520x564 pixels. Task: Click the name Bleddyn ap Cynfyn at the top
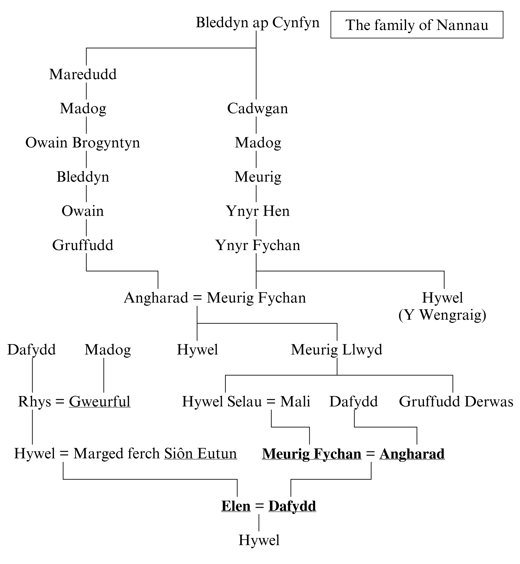(x=257, y=23)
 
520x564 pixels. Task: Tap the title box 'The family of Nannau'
(x=417, y=25)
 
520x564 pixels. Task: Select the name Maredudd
(x=83, y=74)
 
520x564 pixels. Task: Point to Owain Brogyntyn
(x=83, y=143)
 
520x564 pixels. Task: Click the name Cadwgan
(x=257, y=109)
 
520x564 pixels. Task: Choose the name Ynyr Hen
(x=258, y=211)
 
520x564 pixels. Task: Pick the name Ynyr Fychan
(x=258, y=246)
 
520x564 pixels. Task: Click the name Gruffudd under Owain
(x=83, y=246)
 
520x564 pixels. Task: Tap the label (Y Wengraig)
(x=442, y=315)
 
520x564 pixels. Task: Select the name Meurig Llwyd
(x=336, y=350)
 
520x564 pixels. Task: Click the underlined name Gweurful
(x=99, y=402)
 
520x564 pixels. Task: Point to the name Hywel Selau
(x=222, y=402)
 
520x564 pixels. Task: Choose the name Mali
(x=295, y=402)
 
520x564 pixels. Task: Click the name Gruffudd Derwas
(x=456, y=402)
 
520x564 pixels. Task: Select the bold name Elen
(x=236, y=506)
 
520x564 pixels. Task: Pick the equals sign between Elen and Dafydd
(x=259, y=506)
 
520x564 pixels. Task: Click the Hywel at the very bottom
(x=259, y=540)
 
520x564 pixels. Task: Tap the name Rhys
(x=34, y=402)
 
